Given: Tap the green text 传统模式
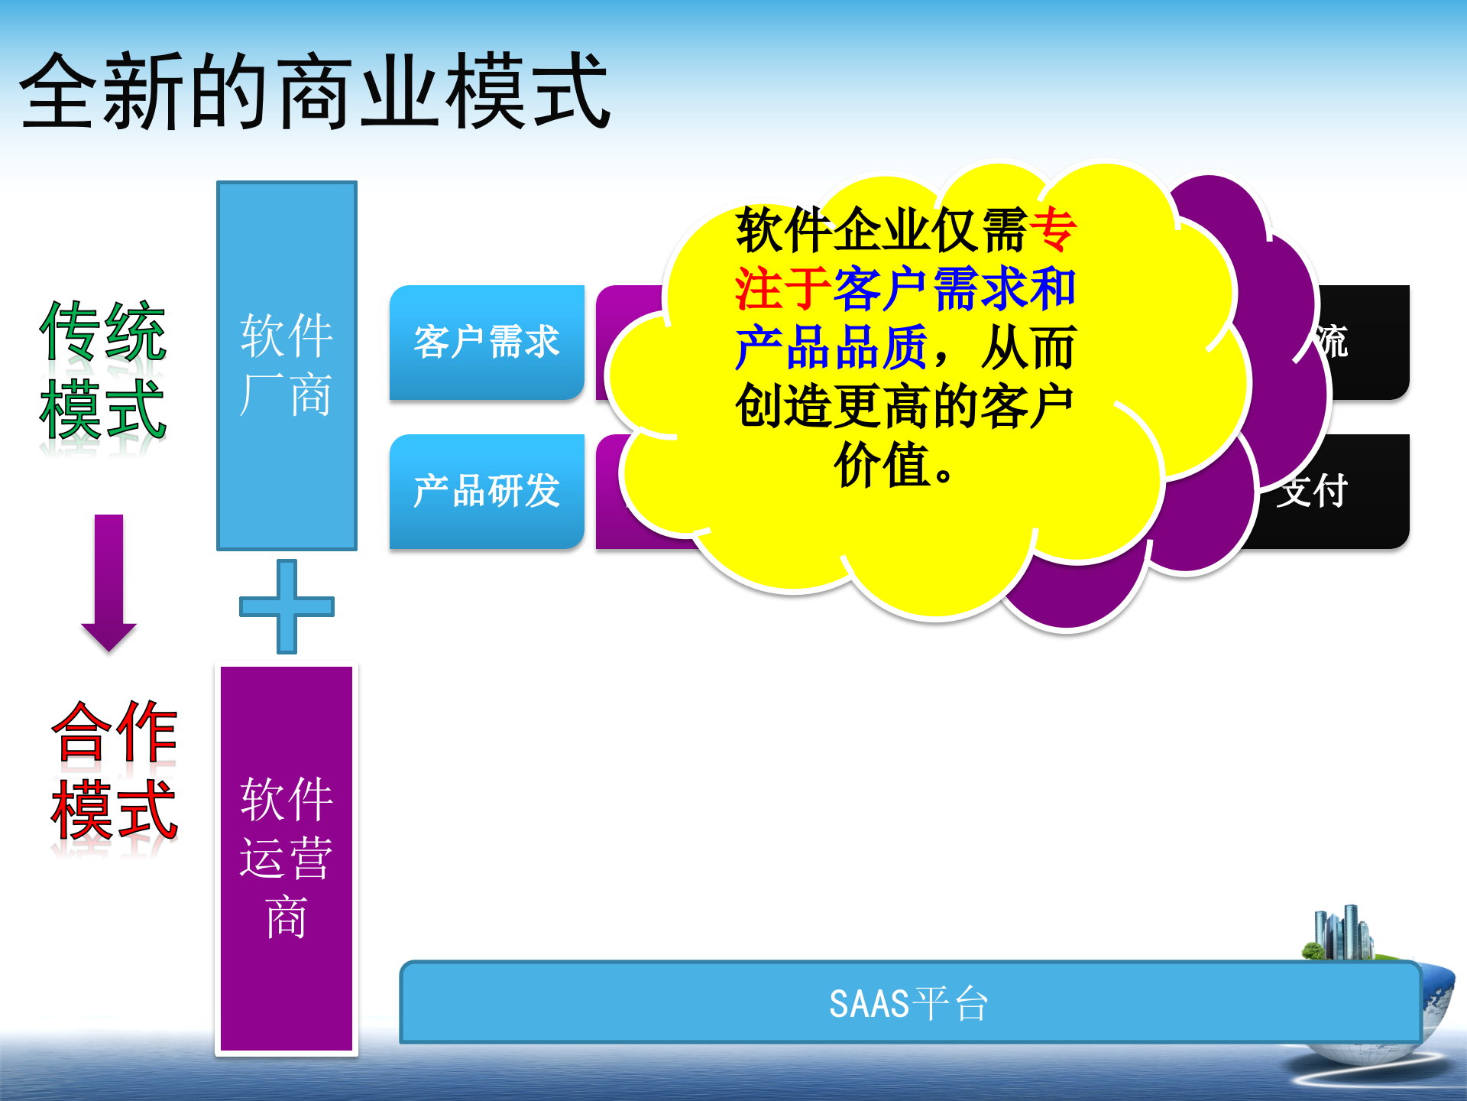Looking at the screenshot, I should [x=103, y=371].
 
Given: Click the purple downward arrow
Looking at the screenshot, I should [x=108, y=581].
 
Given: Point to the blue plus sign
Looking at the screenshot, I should [x=287, y=606].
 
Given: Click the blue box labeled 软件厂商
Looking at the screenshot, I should [x=287, y=365].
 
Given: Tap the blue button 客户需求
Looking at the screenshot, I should [x=487, y=342].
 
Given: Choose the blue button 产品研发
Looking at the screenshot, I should [x=487, y=491].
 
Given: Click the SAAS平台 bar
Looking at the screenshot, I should [x=909, y=1002].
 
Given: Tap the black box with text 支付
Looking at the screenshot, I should [x=1345, y=491].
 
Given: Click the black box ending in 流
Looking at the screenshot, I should [x=1368, y=342].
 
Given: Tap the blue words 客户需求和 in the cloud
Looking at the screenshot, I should [x=955, y=289].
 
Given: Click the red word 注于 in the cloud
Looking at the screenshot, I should [x=782, y=289].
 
